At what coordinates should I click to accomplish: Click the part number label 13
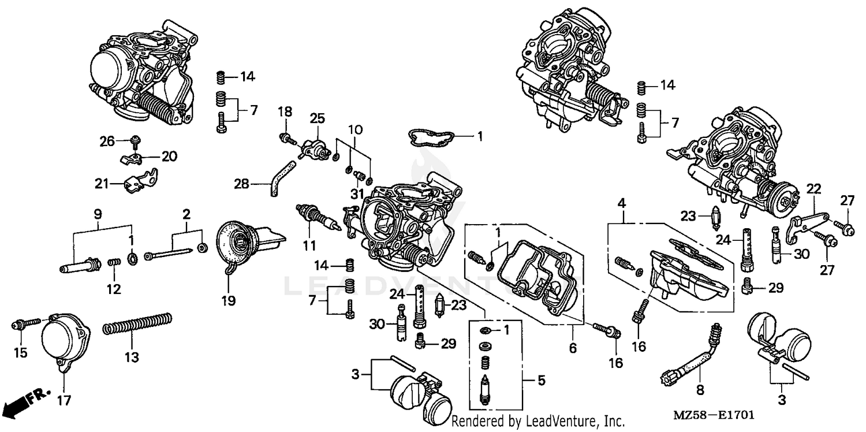coord(132,357)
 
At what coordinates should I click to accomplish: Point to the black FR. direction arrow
coord(17,402)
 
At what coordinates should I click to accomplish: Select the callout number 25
coord(317,118)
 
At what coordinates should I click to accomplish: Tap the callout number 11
coord(309,245)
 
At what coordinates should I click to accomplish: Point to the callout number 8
coord(700,390)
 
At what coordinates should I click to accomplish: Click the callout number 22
coord(813,189)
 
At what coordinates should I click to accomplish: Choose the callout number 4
coord(621,203)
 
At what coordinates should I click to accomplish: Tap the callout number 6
coord(573,348)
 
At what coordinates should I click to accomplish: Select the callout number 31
coord(356,192)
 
